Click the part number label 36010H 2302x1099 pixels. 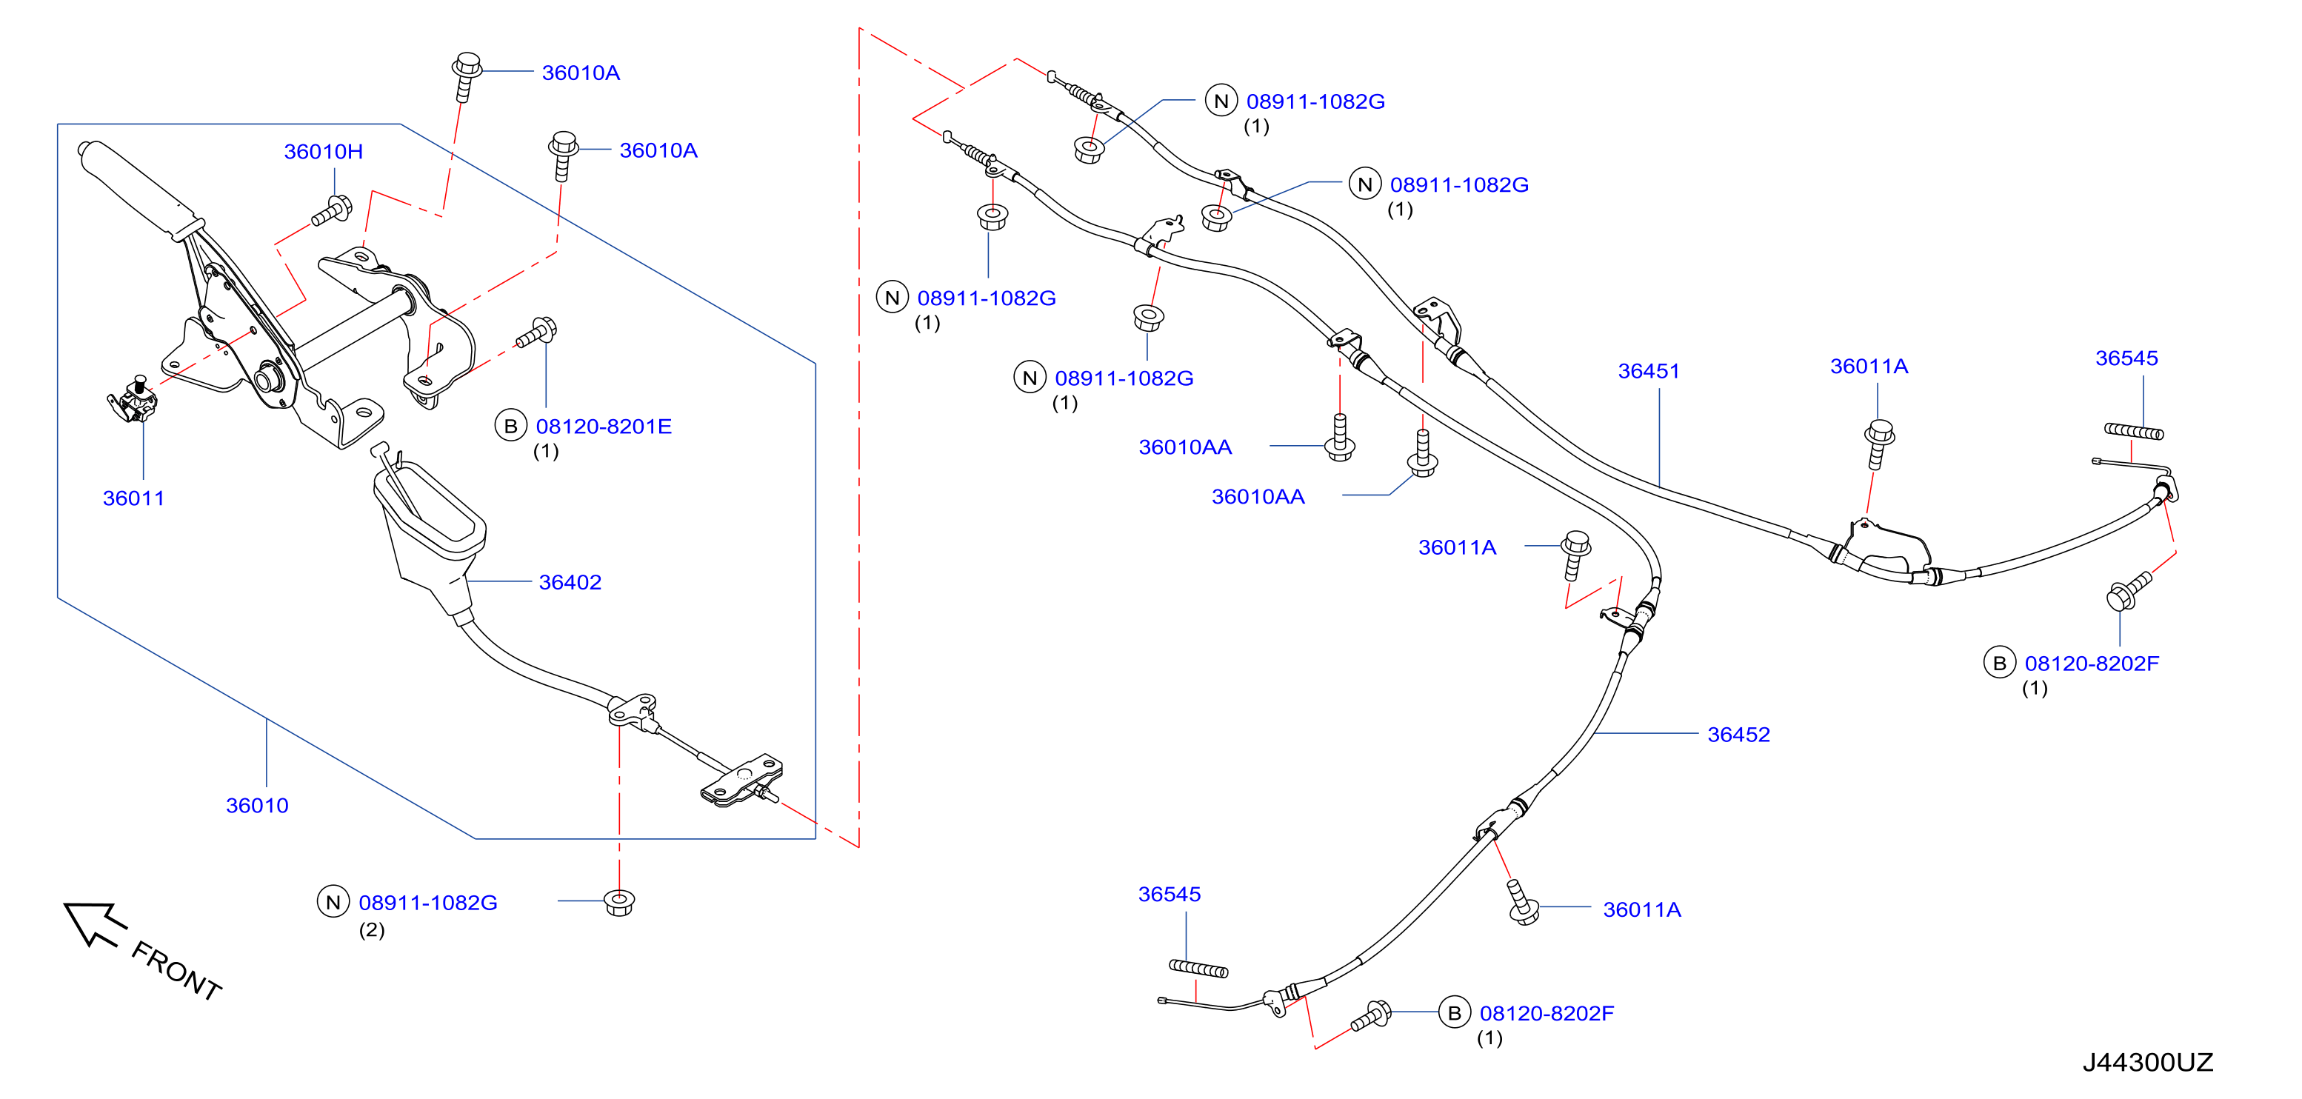[x=324, y=152]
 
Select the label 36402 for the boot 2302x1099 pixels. [x=570, y=583]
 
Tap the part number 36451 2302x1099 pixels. [x=1649, y=371]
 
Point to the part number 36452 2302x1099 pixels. [x=1738, y=735]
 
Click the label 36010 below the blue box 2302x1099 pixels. [x=257, y=805]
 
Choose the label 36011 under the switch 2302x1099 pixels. [x=134, y=498]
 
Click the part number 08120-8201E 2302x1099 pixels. [x=604, y=427]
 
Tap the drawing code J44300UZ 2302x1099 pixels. [x=2147, y=1063]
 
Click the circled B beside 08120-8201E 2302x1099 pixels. [x=510, y=427]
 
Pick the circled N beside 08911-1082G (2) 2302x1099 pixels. [x=333, y=903]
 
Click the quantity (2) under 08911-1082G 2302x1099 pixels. [x=372, y=930]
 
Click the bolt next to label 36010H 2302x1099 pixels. [x=333, y=212]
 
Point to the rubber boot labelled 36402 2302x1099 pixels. [x=429, y=536]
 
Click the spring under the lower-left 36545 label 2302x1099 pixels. [x=1198, y=969]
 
